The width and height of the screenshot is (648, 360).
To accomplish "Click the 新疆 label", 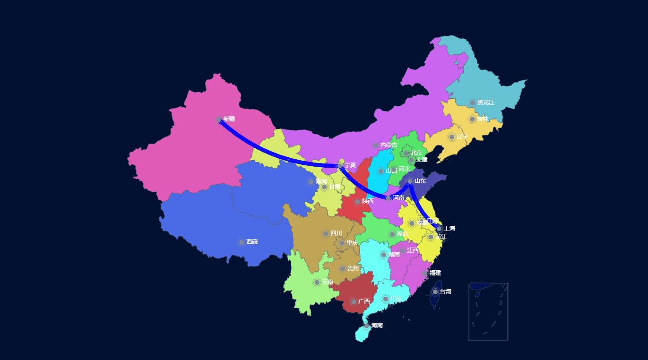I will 229,119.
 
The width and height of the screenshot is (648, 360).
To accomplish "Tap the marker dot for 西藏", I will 242,242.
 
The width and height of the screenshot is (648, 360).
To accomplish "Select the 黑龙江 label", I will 485,103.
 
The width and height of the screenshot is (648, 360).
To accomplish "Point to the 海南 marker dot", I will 367,326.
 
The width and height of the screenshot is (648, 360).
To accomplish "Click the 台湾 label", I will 445,291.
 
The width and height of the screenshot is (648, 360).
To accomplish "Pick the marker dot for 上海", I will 439,229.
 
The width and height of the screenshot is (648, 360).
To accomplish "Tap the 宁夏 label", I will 350,165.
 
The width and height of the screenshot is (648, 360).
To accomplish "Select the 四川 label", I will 336,233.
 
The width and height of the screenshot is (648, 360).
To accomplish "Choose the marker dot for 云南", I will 317,282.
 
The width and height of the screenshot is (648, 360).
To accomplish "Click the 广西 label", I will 364,301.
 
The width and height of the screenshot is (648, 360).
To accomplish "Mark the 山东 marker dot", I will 410,181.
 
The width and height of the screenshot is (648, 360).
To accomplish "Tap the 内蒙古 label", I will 389,145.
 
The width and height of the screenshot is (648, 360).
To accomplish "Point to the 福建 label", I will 435,273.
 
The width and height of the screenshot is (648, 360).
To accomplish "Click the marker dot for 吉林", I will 472,119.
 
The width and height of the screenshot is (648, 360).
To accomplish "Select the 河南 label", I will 398,198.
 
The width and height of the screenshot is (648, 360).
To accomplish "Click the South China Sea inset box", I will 488,311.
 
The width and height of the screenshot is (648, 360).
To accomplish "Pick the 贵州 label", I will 353,268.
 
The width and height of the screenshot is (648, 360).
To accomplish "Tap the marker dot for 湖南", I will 383,255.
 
